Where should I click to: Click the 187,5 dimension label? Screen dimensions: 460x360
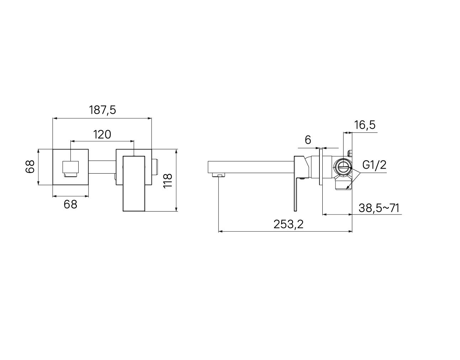point(102,110)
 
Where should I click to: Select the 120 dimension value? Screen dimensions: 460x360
point(102,134)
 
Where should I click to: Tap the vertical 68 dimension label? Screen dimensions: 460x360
point(30,167)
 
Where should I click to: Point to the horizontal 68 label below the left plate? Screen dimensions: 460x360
point(70,205)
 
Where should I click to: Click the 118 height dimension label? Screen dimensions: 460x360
point(168,180)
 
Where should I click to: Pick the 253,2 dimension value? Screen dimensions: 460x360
point(288,224)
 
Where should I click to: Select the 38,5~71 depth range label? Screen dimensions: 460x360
point(379,208)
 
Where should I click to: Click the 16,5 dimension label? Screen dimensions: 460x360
point(365,125)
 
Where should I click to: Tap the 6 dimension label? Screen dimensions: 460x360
point(308,140)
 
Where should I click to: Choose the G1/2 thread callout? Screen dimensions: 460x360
point(374,165)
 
